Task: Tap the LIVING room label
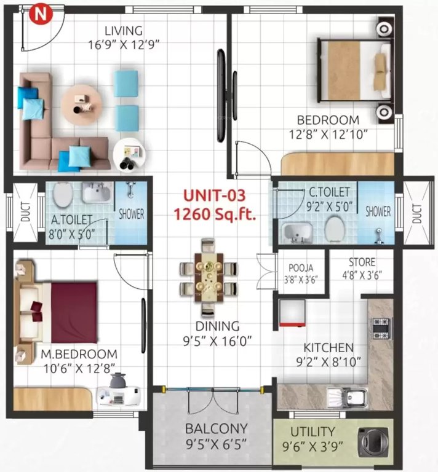click(124, 31)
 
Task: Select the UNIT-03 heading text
click(215, 196)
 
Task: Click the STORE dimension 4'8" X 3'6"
click(357, 275)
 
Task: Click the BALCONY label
click(216, 428)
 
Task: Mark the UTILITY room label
click(313, 431)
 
